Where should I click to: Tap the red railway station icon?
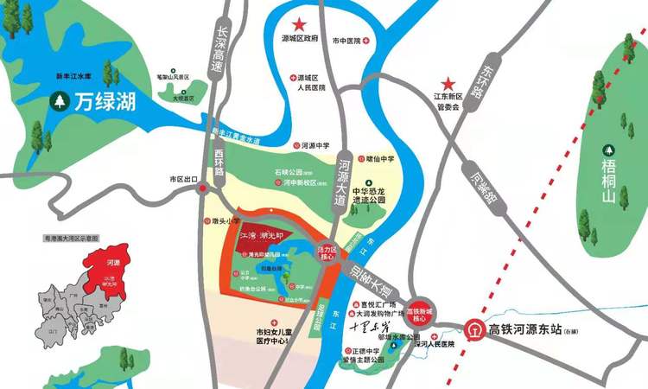pyautogui.click(x=474, y=330)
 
